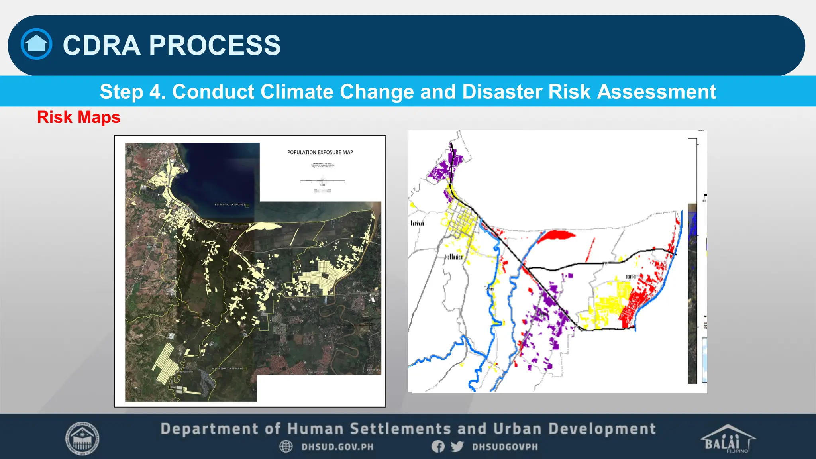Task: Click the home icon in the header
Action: click(36, 44)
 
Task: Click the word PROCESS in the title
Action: click(215, 45)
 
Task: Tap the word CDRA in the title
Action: click(102, 45)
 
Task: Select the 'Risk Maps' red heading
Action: click(78, 117)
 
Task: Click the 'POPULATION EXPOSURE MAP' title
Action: click(320, 152)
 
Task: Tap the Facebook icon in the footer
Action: click(438, 446)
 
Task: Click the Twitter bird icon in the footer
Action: click(457, 446)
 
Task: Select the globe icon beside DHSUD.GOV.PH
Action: click(286, 446)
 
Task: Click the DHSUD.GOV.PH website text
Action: click(337, 447)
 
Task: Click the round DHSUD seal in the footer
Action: click(82, 438)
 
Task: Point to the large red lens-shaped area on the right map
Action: click(558, 235)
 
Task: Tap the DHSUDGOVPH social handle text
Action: click(505, 447)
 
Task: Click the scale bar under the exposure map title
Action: click(322, 181)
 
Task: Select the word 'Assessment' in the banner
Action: click(656, 92)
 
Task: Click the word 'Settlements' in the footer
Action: click(400, 429)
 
